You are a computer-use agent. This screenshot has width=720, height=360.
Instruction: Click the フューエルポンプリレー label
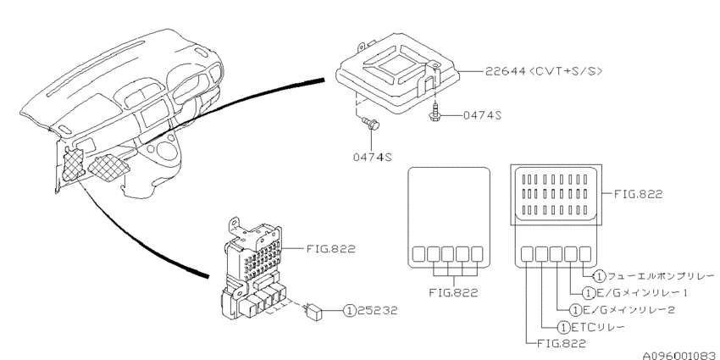pos(659,276)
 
